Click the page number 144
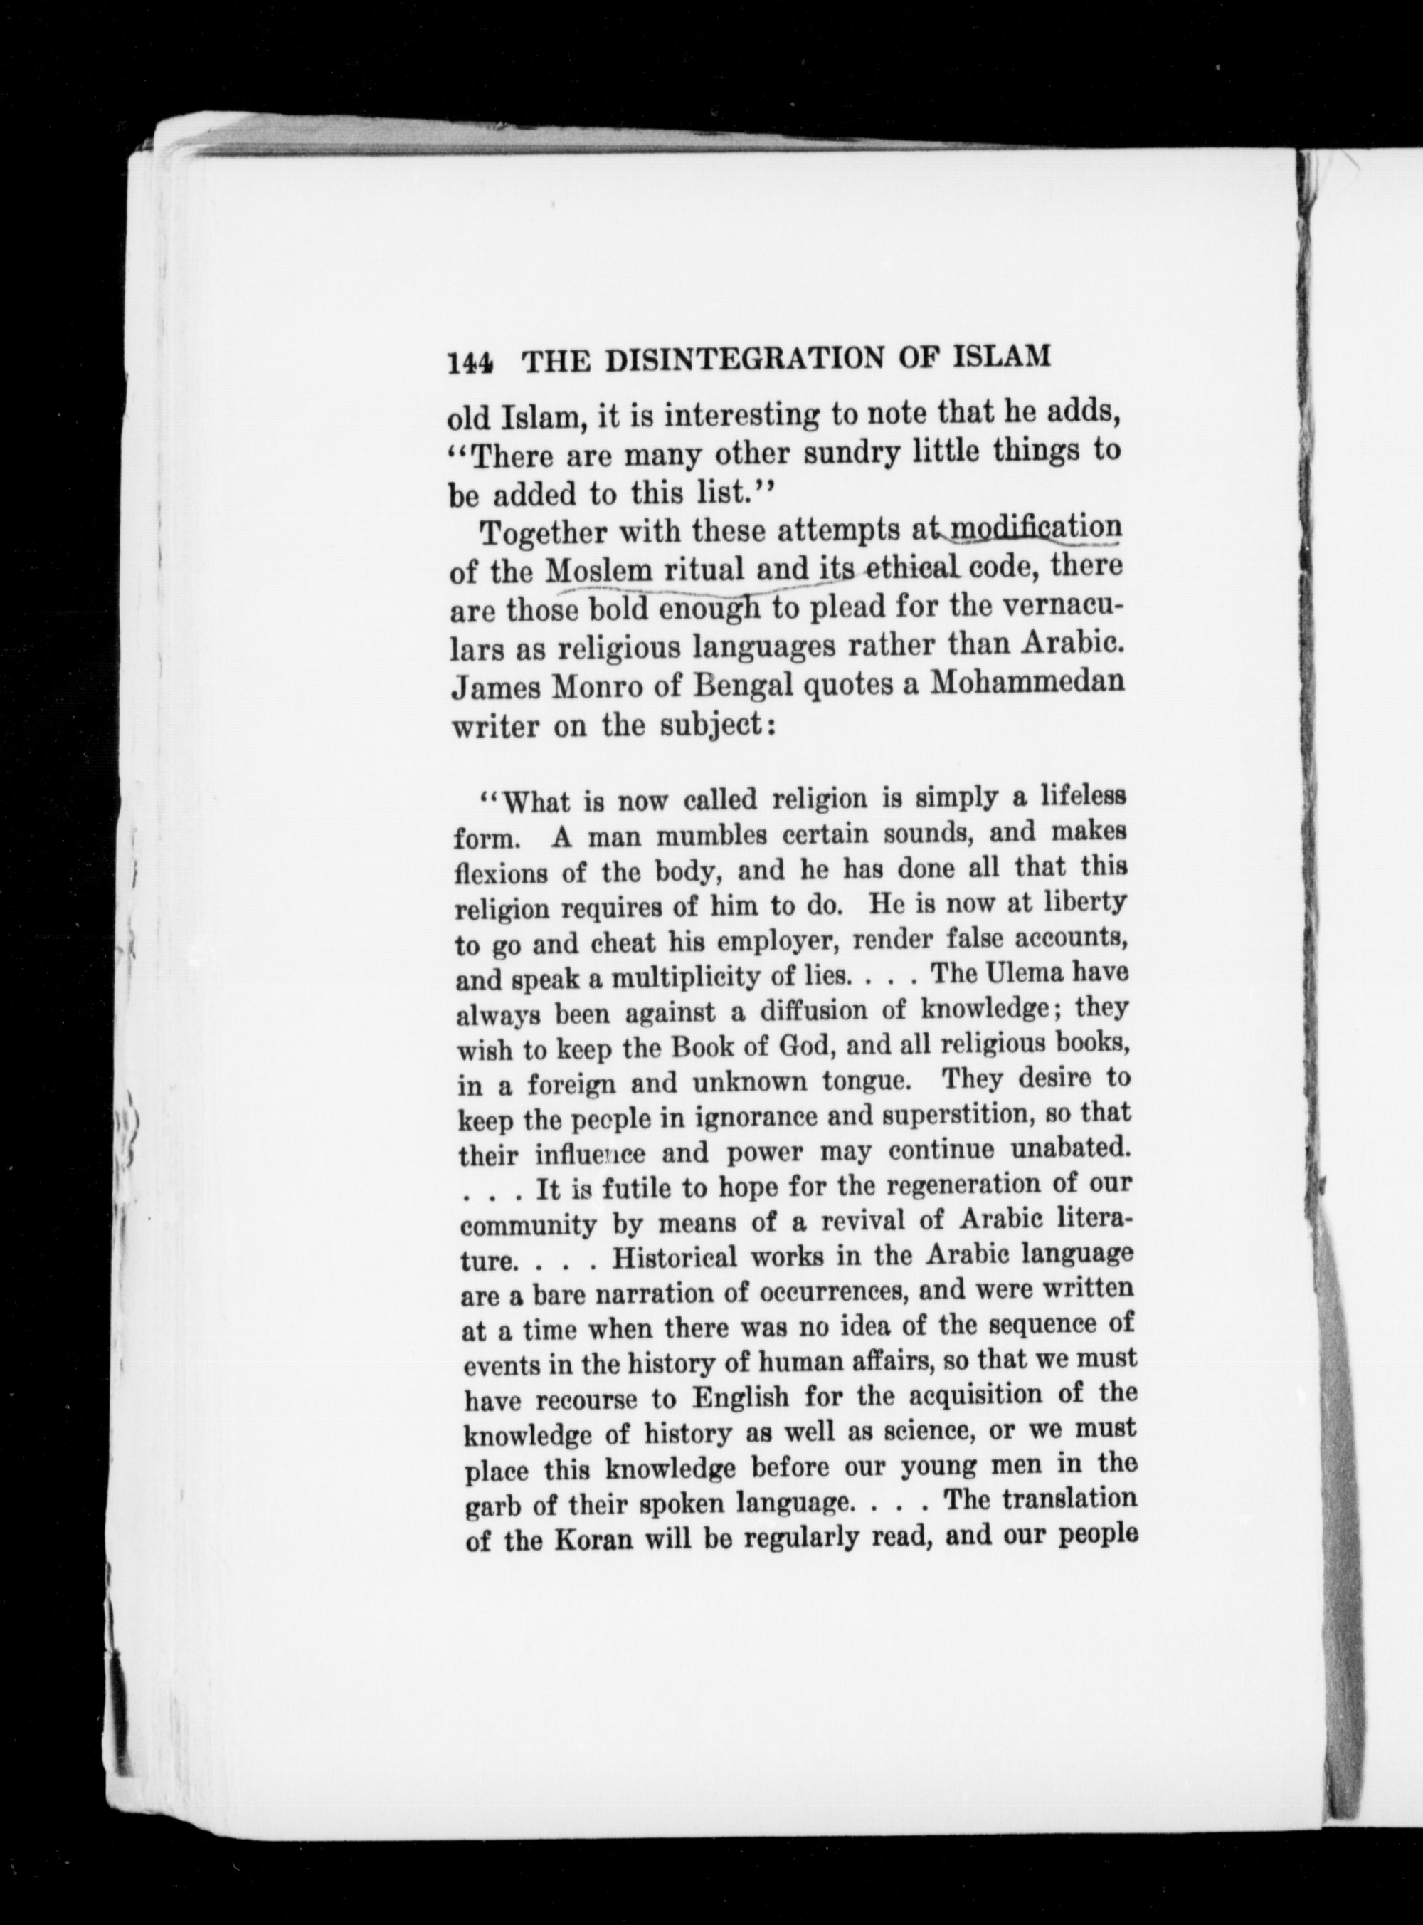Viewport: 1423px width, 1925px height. (470, 360)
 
